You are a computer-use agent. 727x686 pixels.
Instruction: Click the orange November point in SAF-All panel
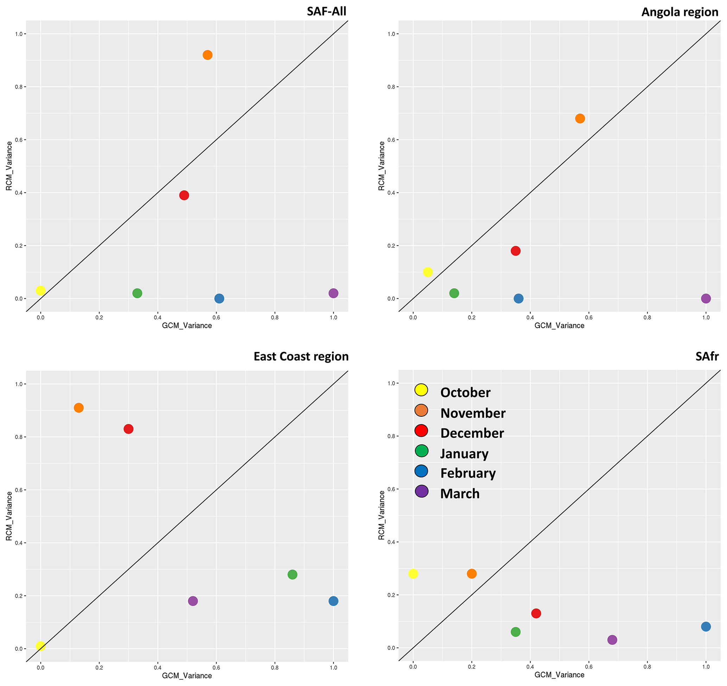(x=208, y=55)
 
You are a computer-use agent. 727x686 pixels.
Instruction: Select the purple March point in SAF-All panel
(x=333, y=293)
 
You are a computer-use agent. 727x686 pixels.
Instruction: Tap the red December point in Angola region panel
(x=516, y=251)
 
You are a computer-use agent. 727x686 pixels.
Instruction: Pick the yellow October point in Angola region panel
(x=428, y=272)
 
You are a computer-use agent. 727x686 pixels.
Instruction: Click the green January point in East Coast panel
(x=292, y=574)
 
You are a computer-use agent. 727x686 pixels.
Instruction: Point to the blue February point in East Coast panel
(x=333, y=601)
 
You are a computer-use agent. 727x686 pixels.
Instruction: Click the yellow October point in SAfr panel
(x=413, y=574)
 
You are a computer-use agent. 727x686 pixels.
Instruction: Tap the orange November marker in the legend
(x=421, y=410)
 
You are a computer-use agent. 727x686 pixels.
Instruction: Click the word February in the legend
(x=468, y=473)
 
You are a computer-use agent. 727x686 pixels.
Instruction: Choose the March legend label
(x=460, y=493)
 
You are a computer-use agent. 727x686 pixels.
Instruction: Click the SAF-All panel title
(x=326, y=11)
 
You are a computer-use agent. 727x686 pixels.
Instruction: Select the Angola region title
(x=680, y=12)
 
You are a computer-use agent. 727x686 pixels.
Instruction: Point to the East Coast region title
(x=301, y=356)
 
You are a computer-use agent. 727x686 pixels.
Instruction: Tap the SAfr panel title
(x=707, y=356)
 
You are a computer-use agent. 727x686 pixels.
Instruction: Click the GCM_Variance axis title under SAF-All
(x=187, y=326)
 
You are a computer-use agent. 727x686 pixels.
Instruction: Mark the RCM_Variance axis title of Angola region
(x=381, y=166)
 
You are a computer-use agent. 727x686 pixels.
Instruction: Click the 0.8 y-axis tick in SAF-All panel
(x=18, y=87)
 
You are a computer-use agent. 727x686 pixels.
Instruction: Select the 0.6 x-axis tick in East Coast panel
(x=216, y=668)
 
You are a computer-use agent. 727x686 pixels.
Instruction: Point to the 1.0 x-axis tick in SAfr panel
(x=706, y=667)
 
